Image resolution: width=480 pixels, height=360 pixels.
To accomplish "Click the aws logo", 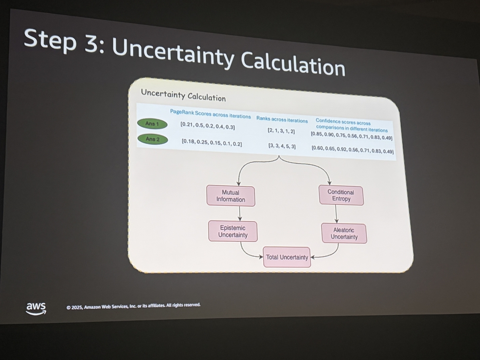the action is pos(36,308).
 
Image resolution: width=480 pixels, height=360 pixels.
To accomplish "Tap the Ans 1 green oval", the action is pos(152,124).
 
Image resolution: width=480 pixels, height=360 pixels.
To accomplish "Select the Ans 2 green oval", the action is pos(153,139).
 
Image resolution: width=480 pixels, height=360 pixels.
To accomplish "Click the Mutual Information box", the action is pos(231,196).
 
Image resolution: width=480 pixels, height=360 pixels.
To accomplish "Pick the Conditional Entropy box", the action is pos(341,196).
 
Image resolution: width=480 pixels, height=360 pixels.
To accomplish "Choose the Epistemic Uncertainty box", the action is pos(233,231).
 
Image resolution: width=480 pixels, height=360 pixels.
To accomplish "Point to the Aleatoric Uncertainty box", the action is pos(344,234).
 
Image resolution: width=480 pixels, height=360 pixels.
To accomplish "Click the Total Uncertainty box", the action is pos(287,257).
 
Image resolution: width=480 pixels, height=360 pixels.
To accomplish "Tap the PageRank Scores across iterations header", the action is pos(210,114).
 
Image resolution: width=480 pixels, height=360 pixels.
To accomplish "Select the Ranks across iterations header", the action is pos(282,119).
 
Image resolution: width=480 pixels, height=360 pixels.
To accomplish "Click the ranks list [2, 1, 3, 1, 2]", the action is pos(281,131).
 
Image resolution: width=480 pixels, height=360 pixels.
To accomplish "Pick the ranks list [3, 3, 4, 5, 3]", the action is pos(282,146).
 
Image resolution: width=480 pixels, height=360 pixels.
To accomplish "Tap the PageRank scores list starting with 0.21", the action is pos(208,126).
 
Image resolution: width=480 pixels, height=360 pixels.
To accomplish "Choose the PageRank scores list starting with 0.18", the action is pos(212,143).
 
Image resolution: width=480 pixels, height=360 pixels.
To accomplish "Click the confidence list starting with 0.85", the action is pos(352,136).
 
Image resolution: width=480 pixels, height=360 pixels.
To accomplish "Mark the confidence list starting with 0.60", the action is pos(352,150).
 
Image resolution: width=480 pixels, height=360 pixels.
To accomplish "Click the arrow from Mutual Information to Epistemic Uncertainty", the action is pos(240,214).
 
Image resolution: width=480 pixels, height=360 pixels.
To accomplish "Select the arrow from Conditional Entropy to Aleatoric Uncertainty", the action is pos(336,214).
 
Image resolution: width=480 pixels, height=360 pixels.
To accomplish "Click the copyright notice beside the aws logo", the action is pos(133,306).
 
